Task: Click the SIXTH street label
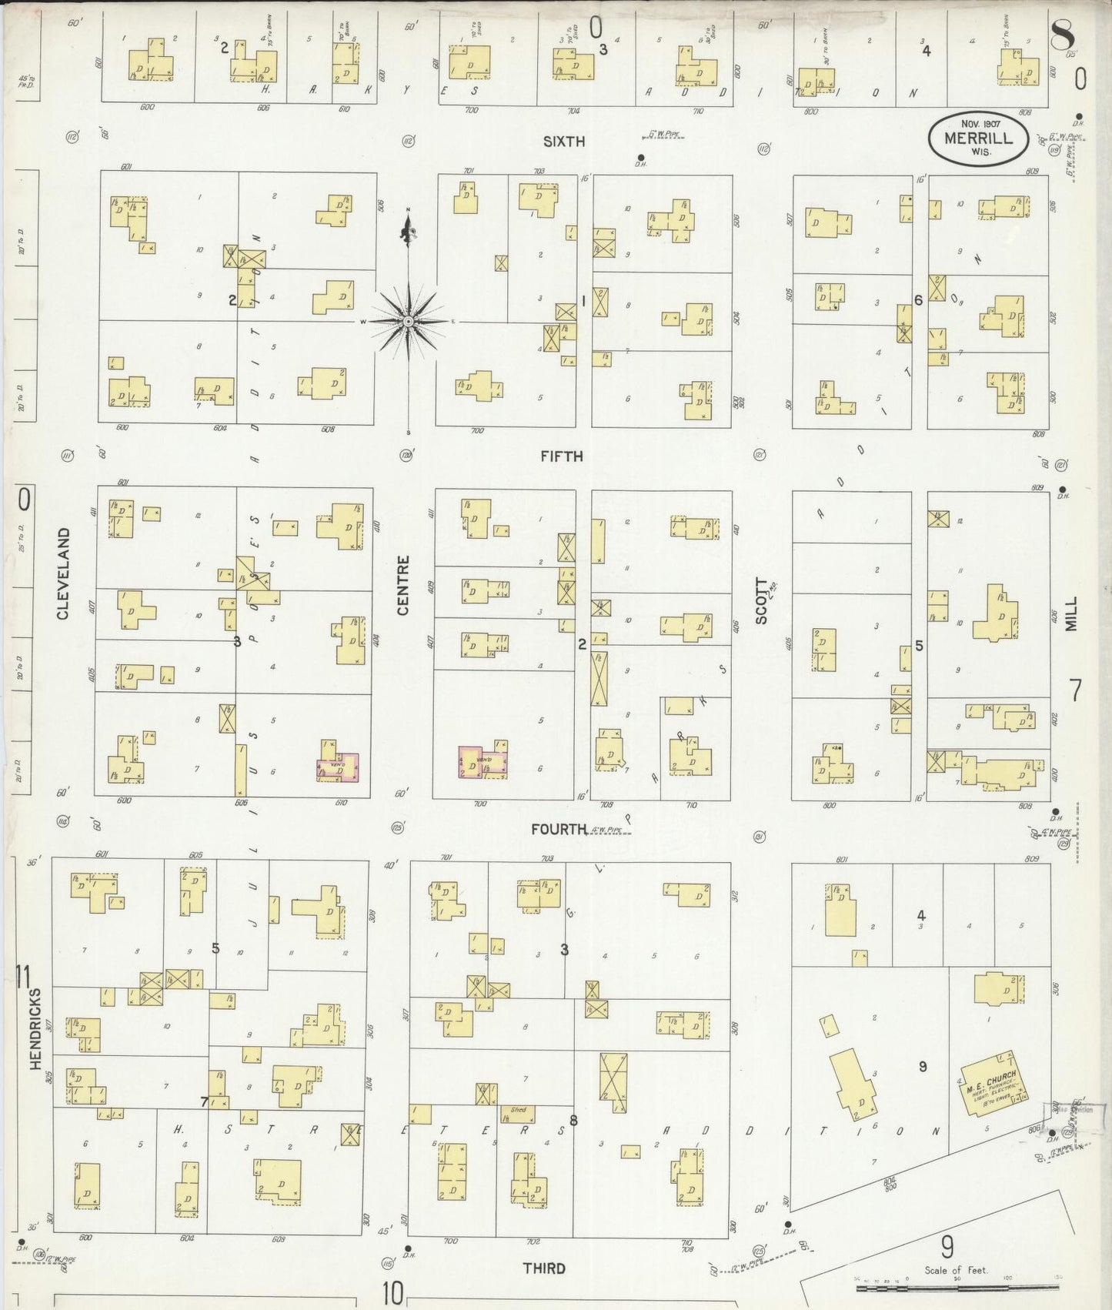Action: point(564,142)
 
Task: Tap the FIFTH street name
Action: point(562,456)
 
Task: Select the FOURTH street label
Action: point(559,829)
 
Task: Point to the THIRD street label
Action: point(544,1268)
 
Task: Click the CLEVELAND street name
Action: point(63,573)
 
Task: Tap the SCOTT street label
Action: point(762,600)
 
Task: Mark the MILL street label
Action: point(1072,613)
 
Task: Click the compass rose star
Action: point(409,320)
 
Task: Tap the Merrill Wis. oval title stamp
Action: point(977,139)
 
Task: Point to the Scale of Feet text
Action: point(956,1270)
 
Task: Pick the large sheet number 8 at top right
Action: point(1063,35)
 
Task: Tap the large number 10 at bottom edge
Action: point(392,1293)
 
